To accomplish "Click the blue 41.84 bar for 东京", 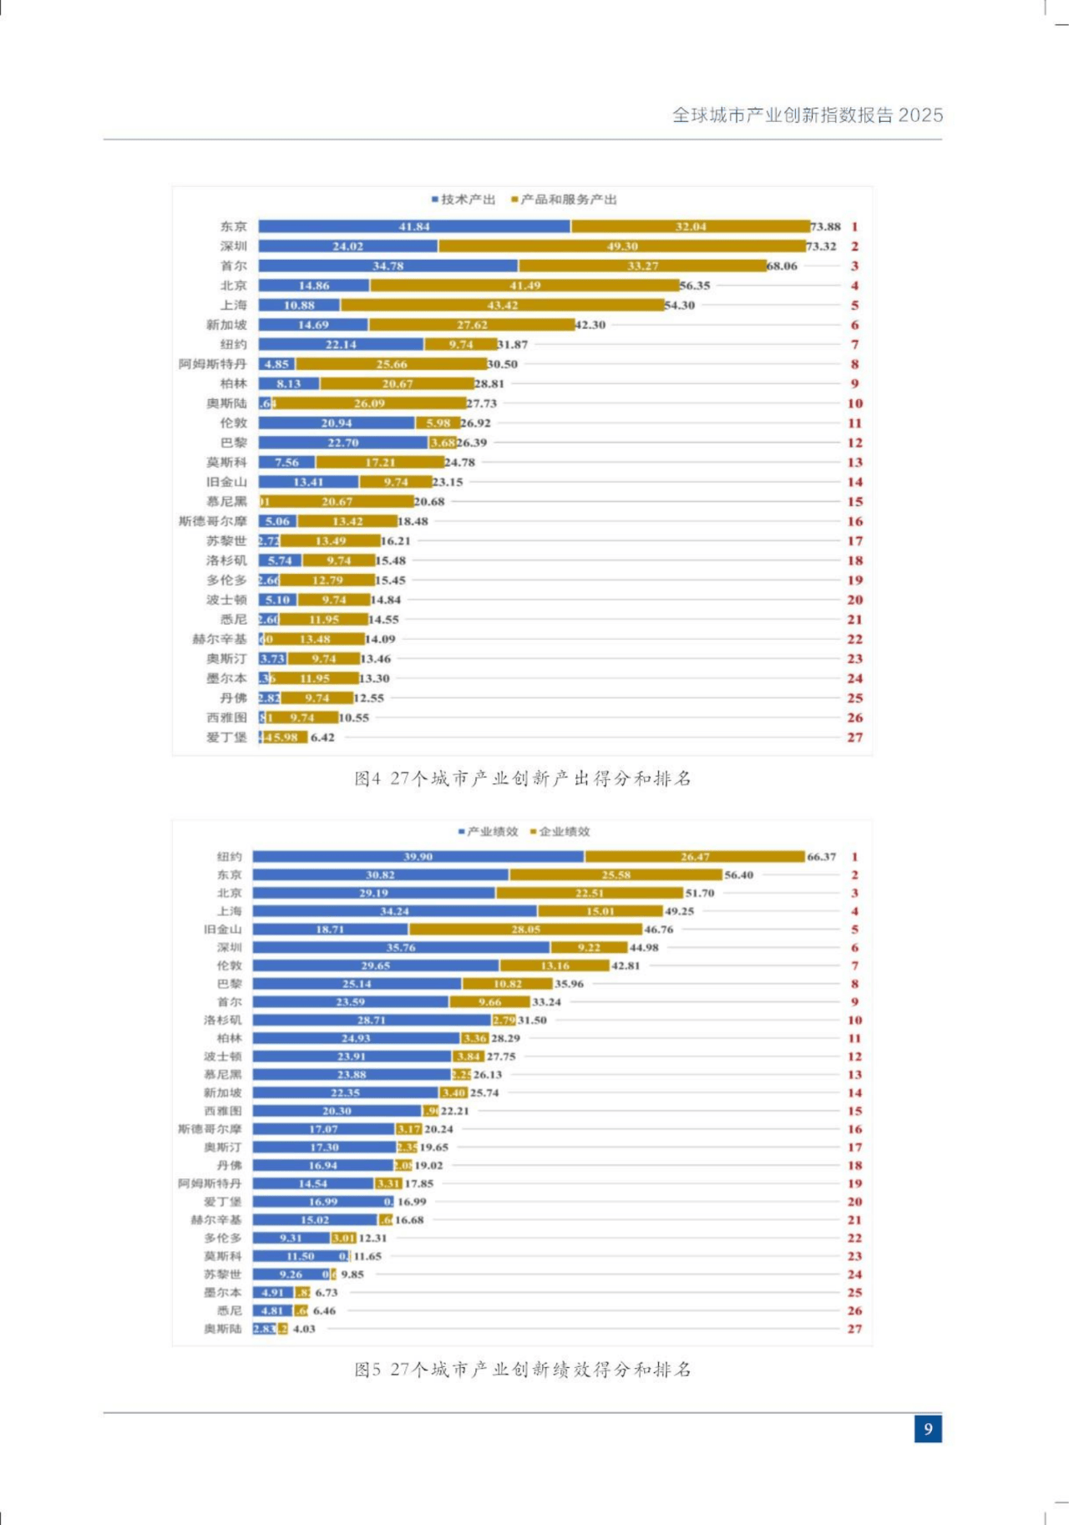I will [414, 226].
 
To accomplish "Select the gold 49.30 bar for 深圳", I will [621, 246].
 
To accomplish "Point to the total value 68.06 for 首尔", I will [782, 266].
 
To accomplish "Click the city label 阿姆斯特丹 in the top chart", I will [213, 364].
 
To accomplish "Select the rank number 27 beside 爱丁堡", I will [854, 737].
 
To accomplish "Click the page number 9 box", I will [928, 1429].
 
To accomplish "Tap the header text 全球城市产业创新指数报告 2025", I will [808, 115].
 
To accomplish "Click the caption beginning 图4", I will [523, 778].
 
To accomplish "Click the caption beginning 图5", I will [523, 1370].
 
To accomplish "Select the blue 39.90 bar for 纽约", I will [418, 857].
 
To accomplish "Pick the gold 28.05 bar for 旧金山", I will [525, 930].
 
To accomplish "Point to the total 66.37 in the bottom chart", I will [821, 857].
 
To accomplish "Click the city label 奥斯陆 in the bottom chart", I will [222, 1329].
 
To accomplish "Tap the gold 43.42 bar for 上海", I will [502, 306].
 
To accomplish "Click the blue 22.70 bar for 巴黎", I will [342, 443].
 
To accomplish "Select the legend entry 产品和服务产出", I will [568, 200].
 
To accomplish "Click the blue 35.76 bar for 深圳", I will [401, 948].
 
